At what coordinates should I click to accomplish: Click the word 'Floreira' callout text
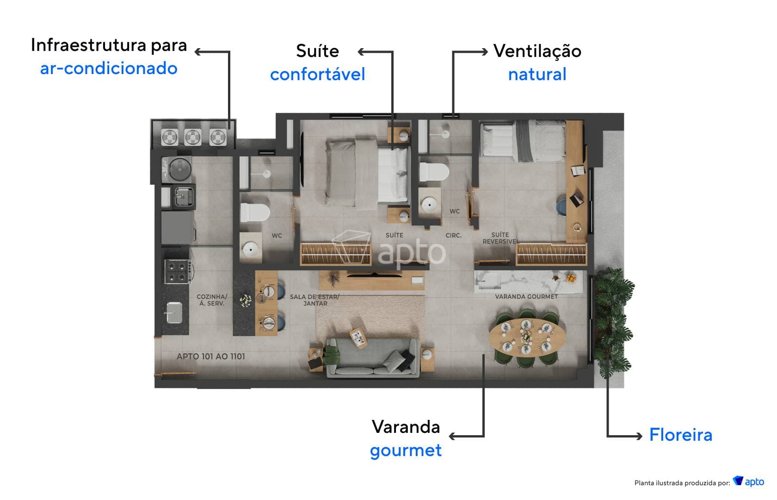(x=680, y=435)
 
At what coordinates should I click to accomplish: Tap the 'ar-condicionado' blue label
(x=109, y=69)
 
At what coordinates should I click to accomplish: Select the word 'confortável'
(x=317, y=74)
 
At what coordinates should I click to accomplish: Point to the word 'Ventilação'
(x=537, y=51)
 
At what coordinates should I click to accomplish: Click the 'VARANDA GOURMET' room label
(x=526, y=296)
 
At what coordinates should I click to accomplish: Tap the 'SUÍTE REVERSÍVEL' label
(x=499, y=238)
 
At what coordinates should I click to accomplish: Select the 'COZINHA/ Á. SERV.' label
(x=212, y=300)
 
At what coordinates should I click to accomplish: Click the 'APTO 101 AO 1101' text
(x=211, y=356)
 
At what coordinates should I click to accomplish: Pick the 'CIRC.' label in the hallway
(x=453, y=236)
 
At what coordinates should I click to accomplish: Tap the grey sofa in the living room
(x=372, y=357)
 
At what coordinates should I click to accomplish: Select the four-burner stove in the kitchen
(x=178, y=271)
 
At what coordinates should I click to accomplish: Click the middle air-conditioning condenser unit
(x=192, y=137)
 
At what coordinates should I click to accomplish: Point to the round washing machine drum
(x=180, y=169)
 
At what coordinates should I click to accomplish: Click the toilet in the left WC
(x=254, y=213)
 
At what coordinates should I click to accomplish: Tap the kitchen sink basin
(x=174, y=313)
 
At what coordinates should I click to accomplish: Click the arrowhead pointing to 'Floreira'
(x=639, y=436)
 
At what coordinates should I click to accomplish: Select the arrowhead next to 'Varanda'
(x=452, y=436)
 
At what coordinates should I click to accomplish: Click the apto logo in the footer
(x=748, y=481)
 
